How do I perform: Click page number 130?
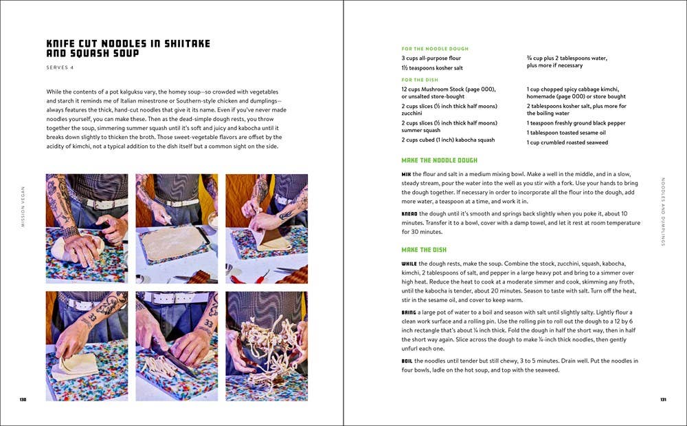tap(23, 400)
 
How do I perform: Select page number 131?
tap(663, 400)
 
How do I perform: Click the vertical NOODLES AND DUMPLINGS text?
tap(663, 212)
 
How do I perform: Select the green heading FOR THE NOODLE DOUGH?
tap(435, 49)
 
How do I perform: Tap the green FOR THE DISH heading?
tap(420, 81)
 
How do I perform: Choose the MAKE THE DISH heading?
tap(424, 250)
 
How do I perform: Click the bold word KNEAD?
tap(410, 214)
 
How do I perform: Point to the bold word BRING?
tap(409, 312)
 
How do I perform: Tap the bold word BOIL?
tap(408, 361)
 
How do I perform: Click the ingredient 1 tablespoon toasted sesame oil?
tap(566, 133)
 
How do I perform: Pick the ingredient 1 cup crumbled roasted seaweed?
tap(567, 142)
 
